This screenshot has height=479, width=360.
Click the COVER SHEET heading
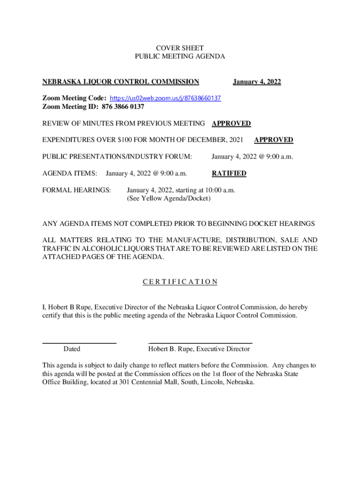(180, 48)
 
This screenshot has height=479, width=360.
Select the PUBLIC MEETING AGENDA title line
(180, 56)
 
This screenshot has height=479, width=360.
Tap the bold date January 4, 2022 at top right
(257, 82)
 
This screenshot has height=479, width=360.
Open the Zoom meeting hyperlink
(165, 98)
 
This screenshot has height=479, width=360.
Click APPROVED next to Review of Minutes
(231, 123)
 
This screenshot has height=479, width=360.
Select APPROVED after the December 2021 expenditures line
(274, 139)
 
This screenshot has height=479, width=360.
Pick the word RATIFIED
(229, 174)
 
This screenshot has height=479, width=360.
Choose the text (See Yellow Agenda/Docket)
(169, 198)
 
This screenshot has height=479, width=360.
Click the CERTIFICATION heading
(180, 282)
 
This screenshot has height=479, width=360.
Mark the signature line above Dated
(79, 343)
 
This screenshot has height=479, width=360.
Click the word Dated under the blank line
(72, 349)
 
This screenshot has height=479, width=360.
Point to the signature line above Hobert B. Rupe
(200, 343)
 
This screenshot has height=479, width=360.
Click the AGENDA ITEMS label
(70, 174)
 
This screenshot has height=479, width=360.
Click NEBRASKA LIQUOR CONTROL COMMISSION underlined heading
(121, 82)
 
